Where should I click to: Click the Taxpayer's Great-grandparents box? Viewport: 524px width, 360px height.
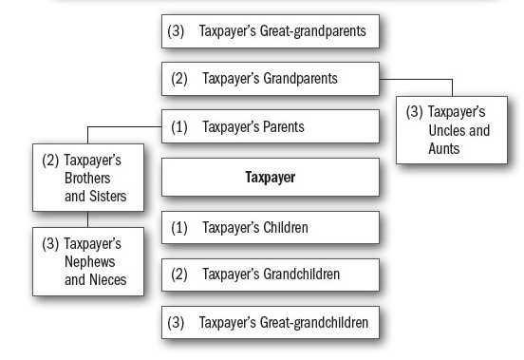pos(271,31)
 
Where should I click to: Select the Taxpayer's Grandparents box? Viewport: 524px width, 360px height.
pos(271,78)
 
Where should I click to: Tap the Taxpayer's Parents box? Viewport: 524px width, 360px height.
pos(271,126)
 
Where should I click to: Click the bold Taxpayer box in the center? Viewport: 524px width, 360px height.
pos(271,177)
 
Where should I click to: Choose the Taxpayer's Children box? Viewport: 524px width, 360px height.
pos(271,228)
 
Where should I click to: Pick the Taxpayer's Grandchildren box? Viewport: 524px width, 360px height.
pos(271,275)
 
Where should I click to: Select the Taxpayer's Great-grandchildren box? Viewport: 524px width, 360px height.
pos(271,322)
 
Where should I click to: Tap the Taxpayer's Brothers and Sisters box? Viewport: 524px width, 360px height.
pos(89,178)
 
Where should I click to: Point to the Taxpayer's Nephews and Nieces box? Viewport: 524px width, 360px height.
pos(89,261)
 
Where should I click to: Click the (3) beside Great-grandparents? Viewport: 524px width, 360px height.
pos(176,31)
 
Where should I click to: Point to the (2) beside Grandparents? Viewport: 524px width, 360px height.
pos(179,78)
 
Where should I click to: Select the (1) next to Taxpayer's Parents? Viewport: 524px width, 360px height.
pos(179,126)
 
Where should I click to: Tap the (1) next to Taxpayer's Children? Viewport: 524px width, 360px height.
pos(179,228)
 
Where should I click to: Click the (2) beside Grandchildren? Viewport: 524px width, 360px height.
pos(179,275)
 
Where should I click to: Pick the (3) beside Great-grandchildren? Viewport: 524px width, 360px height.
pos(176,322)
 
